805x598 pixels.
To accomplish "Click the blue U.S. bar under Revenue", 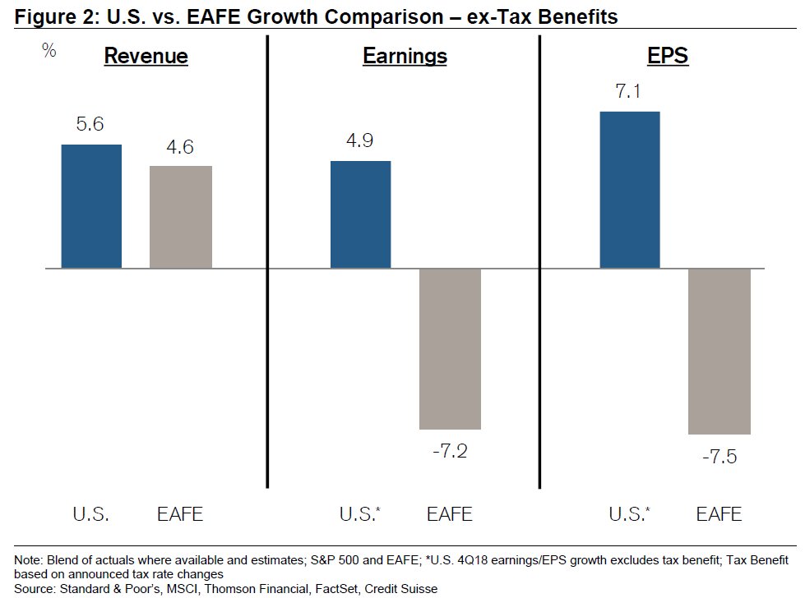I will tap(91, 206).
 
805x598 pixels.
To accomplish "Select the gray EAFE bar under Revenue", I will tap(181, 217).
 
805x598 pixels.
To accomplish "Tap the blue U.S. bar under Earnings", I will tap(360, 214).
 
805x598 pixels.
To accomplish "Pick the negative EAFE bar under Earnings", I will tap(450, 348).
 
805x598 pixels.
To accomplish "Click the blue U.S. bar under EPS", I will tap(630, 190).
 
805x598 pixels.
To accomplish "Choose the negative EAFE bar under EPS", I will tap(719, 351).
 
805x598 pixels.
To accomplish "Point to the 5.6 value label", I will tap(91, 126).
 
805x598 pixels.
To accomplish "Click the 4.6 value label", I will tap(180, 148).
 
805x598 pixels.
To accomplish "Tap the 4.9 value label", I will tap(360, 141).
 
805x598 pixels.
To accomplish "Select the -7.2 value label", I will tap(450, 451).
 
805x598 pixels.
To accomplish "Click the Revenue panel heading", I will tap(146, 56).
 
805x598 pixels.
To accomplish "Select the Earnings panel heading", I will tap(405, 56).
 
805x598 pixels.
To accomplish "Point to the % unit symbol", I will tap(49, 51).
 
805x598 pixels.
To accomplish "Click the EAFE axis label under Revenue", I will tap(180, 515).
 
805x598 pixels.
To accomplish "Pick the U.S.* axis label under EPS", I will tap(628, 515).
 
